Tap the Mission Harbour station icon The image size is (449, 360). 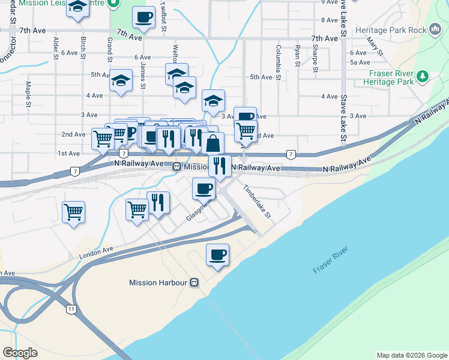[x=194, y=283]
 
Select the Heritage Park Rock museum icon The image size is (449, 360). [x=436, y=29]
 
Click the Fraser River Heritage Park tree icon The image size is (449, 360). [x=423, y=77]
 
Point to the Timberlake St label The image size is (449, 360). [x=257, y=201]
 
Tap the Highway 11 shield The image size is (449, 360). [x=71, y=308]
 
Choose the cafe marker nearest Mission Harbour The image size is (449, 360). [x=217, y=254]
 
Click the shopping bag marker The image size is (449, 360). [x=212, y=143]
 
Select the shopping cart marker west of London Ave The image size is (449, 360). [x=73, y=212]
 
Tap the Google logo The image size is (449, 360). [x=20, y=353]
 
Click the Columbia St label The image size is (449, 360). [x=279, y=62]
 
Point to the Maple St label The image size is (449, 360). [x=28, y=95]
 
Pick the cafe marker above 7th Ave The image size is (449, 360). [x=143, y=18]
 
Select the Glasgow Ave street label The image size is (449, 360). [x=199, y=210]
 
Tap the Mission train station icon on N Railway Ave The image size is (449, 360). [x=177, y=167]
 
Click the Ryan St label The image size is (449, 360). [x=297, y=55]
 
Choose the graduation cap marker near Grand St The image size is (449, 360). [x=121, y=82]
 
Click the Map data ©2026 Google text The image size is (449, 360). [x=411, y=355]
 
